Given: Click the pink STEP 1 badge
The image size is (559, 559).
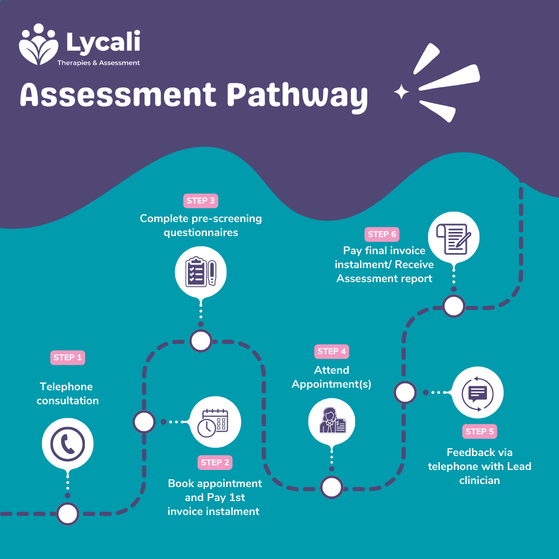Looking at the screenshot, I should point(68,358).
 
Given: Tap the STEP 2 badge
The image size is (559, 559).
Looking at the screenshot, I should point(215,462).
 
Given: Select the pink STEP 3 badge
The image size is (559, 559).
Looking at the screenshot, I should point(201,201).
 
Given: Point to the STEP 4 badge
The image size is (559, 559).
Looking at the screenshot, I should point(332,351).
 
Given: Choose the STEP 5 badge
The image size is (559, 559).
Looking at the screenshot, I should point(479,431).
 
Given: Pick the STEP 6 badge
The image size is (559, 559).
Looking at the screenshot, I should point(382,234).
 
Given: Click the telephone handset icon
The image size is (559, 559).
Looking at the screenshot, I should point(67,444).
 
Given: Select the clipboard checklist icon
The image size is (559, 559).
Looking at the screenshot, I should point(200,270).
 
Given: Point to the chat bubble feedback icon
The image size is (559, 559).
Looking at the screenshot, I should point(477,392).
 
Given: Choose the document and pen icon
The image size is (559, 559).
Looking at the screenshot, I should point(454,238).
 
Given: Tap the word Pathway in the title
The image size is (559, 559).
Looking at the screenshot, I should point(298,96).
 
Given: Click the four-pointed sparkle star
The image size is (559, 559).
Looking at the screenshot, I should point(401,93).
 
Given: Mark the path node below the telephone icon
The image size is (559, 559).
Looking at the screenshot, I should point(68,514).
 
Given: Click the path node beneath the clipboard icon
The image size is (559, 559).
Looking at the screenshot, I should point(200,341).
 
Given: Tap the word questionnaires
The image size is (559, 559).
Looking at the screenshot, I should point(201,232).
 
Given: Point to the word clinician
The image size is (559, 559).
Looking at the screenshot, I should point(479,480).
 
